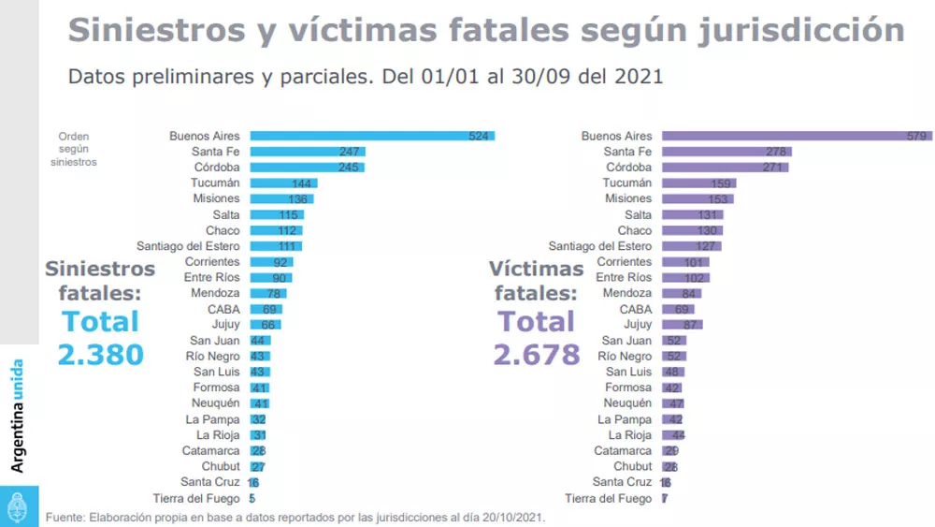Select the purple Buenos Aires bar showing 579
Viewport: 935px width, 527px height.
795,136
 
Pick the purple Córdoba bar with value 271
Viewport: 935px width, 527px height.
725,168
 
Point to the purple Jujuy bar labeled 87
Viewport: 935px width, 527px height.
682,325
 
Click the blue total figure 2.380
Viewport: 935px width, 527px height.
100,355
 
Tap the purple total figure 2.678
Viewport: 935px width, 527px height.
537,355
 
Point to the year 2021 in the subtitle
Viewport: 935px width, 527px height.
638,76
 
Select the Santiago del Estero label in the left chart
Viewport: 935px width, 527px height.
188,246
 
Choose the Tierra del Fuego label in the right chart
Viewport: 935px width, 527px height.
608,498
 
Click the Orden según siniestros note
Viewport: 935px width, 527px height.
74,149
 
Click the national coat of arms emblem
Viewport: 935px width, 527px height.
18,506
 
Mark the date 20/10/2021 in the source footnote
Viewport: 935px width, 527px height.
508,517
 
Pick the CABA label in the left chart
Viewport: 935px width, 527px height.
223,309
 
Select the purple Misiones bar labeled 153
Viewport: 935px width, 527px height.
698,199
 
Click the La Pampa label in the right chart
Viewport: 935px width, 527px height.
625,419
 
